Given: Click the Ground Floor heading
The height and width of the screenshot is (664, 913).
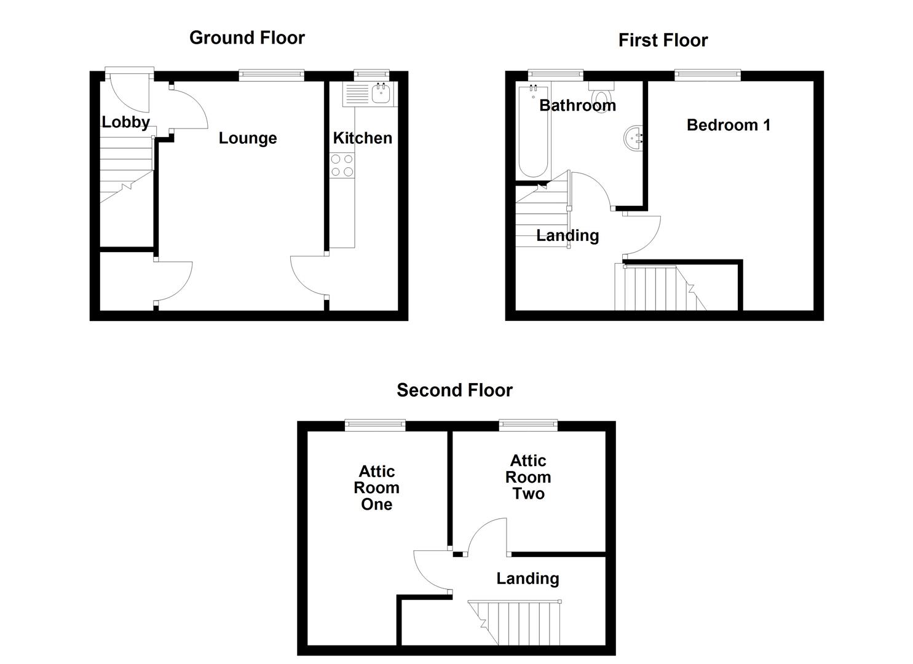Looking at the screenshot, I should point(247,38).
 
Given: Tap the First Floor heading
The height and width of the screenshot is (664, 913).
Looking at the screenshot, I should point(663,41).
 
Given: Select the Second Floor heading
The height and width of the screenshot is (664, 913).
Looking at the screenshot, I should point(454,390).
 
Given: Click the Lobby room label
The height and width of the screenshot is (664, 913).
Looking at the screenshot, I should point(125,122).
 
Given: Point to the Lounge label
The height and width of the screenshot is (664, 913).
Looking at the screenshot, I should point(248,138).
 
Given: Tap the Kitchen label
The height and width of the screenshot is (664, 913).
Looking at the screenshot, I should point(362,138).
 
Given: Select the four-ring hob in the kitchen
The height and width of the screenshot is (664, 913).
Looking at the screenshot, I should point(342,165).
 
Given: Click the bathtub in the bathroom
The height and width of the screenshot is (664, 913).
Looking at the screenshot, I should point(532,132).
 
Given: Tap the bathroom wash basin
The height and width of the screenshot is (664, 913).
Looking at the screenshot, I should point(633,138).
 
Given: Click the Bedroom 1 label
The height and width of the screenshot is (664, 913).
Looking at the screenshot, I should point(728,125).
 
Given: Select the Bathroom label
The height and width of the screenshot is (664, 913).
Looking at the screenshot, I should point(577,105).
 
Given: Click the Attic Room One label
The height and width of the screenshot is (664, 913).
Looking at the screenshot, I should point(376,488).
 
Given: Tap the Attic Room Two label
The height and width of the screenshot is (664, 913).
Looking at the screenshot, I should point(528,477).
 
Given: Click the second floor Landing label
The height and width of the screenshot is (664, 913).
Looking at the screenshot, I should point(528,578).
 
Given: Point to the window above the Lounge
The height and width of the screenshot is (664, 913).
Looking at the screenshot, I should point(271,76).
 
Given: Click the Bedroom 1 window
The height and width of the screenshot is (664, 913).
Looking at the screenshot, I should point(707,76).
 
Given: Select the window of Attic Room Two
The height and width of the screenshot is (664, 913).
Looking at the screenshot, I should point(528,425).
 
